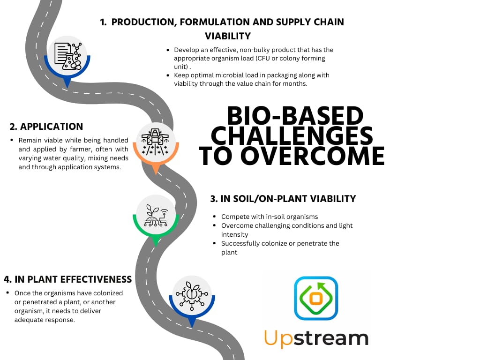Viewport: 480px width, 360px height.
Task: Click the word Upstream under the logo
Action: (x=316, y=338)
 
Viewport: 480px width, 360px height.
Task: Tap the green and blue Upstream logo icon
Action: (x=316, y=298)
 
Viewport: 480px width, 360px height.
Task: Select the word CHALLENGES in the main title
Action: (x=292, y=136)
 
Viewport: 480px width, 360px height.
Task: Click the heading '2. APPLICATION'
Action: (x=46, y=127)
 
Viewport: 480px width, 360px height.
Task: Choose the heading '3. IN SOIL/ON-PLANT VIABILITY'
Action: (x=283, y=199)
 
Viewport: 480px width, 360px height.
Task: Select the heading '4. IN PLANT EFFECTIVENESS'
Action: (x=67, y=279)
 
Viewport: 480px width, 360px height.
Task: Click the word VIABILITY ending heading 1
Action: (x=228, y=36)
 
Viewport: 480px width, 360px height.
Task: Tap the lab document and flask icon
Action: (x=67, y=56)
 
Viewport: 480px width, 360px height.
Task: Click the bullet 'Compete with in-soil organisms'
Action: (x=270, y=217)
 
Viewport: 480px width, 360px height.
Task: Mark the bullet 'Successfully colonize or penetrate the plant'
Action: (x=280, y=247)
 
